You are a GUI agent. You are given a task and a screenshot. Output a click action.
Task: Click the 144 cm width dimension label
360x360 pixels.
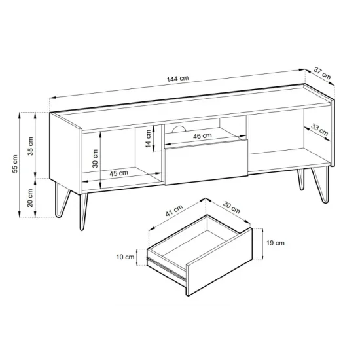pyautogui.click(x=177, y=79)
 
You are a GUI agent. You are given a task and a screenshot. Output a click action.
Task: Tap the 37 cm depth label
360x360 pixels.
pyautogui.click(x=322, y=73)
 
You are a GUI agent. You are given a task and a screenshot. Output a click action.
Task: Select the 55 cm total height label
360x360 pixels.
pyautogui.click(x=14, y=164)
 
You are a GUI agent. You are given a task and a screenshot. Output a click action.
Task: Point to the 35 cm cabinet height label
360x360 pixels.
pyautogui.click(x=30, y=146)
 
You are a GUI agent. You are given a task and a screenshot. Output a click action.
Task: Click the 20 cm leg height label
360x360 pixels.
pyautogui.click(x=30, y=198)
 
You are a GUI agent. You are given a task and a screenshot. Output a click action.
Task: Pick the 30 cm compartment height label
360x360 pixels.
pyautogui.click(x=95, y=158)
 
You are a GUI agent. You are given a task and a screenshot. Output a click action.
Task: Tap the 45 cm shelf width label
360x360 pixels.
pyautogui.click(x=118, y=173)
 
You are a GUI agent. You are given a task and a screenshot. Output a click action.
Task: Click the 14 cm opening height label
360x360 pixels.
pyautogui.click(x=149, y=139)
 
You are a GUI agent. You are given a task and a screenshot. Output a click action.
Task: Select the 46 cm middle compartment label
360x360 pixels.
pyautogui.click(x=202, y=136)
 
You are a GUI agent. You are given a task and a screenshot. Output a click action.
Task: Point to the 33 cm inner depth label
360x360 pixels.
pyautogui.click(x=319, y=130)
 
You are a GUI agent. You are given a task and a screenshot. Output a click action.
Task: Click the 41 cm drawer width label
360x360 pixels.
pyautogui.click(x=174, y=211)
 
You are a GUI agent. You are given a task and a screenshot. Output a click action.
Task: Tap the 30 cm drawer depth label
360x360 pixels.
pyautogui.click(x=232, y=207)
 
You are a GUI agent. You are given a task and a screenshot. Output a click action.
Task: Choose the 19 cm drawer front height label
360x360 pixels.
pyautogui.click(x=276, y=243)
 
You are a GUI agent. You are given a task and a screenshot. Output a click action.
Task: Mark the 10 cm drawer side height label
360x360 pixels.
pyautogui.click(x=125, y=257)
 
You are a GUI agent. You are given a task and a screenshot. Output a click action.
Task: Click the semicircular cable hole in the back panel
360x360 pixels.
pyautogui.click(x=179, y=130)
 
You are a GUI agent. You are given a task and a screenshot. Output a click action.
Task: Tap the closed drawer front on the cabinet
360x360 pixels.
pyautogui.click(x=206, y=162)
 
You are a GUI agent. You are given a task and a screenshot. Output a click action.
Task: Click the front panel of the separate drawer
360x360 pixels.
pyautogui.click(x=219, y=262)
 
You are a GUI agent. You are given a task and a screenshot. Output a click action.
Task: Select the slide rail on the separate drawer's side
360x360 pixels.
pyautogui.click(x=166, y=268)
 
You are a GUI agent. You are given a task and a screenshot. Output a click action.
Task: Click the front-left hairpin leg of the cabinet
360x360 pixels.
pyautogui.click(x=84, y=211)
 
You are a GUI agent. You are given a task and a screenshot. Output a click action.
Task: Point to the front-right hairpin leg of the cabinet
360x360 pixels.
pyautogui.click(x=321, y=185)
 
